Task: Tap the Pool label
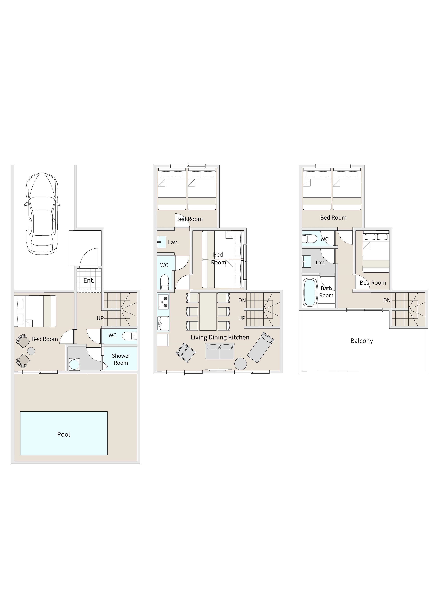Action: point(64,434)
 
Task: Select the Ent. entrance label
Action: point(89,280)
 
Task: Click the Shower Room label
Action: point(121,359)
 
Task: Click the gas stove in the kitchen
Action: point(163,301)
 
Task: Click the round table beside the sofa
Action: point(240,364)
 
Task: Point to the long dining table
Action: point(208,312)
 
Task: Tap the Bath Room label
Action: point(326,292)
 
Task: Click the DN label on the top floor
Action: point(387,300)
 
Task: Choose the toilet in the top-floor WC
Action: point(310,238)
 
